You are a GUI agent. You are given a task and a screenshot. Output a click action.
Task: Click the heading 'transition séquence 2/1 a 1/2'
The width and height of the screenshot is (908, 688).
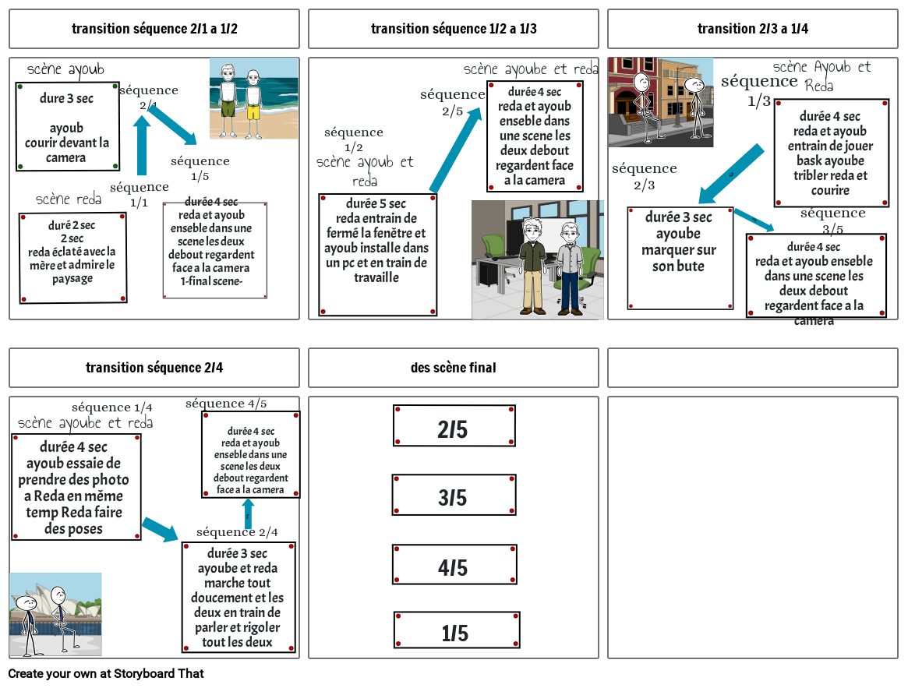(154, 29)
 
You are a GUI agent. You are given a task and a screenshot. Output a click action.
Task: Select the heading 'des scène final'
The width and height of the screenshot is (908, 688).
(453, 367)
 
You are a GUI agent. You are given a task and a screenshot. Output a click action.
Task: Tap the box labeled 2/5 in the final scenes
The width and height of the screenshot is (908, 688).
(454, 426)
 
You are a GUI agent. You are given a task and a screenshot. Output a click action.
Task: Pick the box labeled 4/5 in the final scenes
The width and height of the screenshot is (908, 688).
(454, 565)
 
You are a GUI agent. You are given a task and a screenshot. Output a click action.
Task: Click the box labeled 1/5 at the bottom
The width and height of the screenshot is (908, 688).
(456, 630)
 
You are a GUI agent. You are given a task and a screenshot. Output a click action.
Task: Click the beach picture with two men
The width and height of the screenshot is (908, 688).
(253, 98)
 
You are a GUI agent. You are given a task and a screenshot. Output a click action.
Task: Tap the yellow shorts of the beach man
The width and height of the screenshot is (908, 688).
(253, 110)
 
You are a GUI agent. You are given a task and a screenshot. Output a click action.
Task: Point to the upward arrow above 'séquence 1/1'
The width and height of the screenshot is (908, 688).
(142, 144)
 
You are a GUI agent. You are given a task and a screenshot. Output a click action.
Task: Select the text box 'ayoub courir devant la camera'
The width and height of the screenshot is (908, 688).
(67, 126)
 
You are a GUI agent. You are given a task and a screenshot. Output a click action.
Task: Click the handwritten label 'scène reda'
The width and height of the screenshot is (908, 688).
(69, 199)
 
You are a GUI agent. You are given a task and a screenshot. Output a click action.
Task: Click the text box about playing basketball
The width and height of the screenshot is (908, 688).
(831, 153)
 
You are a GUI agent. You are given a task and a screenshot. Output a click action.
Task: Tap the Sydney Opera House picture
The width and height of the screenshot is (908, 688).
(55, 614)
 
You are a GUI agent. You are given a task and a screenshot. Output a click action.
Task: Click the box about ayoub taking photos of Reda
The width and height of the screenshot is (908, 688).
(76, 487)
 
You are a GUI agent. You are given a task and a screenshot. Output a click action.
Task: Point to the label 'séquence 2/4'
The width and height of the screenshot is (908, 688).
(237, 532)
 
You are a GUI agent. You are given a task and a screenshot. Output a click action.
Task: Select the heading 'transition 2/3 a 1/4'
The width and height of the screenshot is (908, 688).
(753, 29)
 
